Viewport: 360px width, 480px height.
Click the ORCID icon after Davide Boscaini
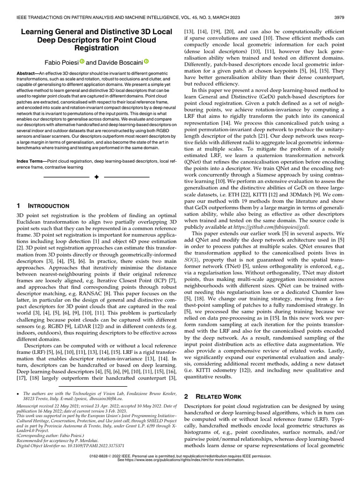point(145,61)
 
